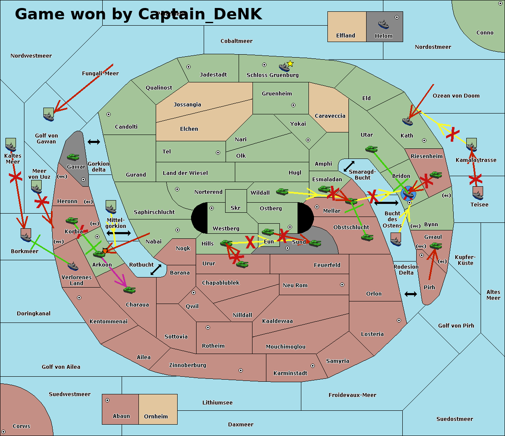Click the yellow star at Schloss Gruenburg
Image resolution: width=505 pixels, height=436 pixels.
tap(290, 63)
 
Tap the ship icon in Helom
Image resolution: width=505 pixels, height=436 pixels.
tap(383, 24)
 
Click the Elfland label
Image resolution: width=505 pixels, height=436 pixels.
tap(346, 36)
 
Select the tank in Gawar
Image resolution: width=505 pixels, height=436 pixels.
tap(73, 157)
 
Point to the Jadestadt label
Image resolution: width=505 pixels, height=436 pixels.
tap(213, 75)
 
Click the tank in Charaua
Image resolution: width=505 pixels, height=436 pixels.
tap(130, 290)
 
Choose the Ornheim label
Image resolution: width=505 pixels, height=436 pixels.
tap(156, 417)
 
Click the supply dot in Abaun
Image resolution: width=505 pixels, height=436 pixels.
tap(107, 400)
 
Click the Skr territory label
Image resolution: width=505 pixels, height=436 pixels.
tap(236, 208)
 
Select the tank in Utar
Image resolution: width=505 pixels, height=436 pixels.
tap(371, 149)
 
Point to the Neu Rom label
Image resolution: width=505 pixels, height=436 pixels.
tap(295, 285)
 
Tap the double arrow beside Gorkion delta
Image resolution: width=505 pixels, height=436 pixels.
tap(94, 142)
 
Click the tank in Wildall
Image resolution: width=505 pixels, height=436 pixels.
tap(282, 192)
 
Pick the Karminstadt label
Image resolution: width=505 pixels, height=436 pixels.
tap(290, 373)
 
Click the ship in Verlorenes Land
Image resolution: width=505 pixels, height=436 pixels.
tap(73, 266)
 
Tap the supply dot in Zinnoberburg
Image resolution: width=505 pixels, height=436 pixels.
tap(241, 370)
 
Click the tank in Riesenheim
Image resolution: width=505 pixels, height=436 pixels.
tap(436, 174)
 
